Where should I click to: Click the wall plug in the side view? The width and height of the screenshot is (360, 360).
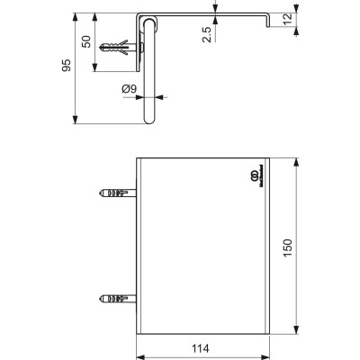click(121, 46)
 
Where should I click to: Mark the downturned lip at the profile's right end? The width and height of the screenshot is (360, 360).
click(268, 22)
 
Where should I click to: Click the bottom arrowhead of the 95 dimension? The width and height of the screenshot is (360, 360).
click(75, 119)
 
